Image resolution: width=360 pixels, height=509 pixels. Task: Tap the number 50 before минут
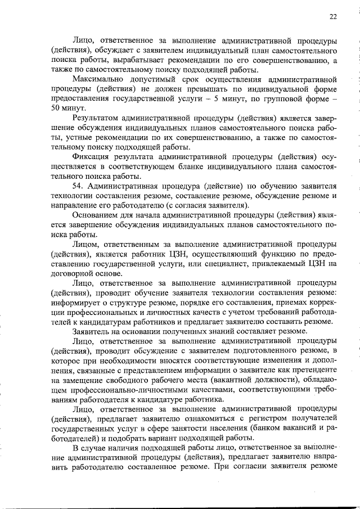tap(56, 107)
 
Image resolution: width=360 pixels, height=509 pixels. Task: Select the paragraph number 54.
tap(78, 185)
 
